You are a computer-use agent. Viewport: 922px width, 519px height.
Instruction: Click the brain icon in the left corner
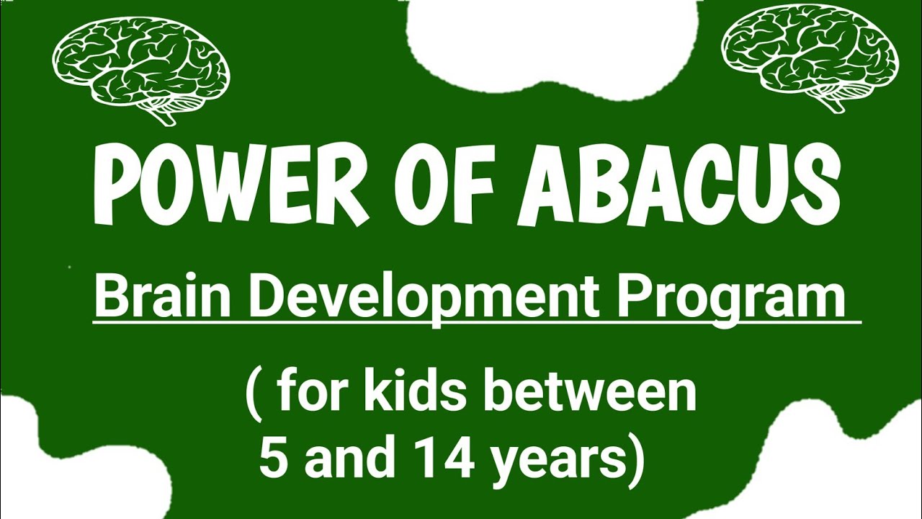140,68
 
